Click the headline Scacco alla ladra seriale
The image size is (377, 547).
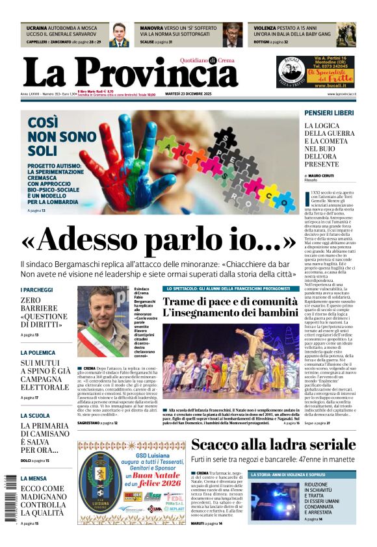[273, 445]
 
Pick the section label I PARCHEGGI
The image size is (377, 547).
[36, 290]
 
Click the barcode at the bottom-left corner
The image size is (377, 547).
[9, 497]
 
